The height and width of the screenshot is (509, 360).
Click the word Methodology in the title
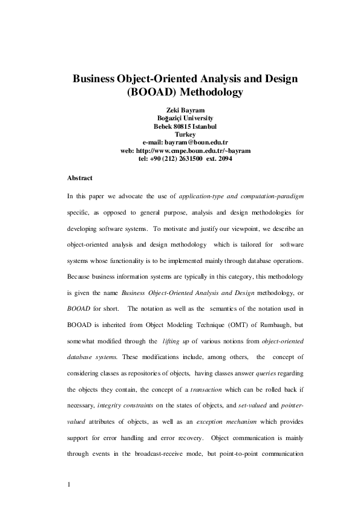[x=208, y=93]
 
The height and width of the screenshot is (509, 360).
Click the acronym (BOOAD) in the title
[x=149, y=93]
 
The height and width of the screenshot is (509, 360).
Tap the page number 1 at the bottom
[x=70, y=485]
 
